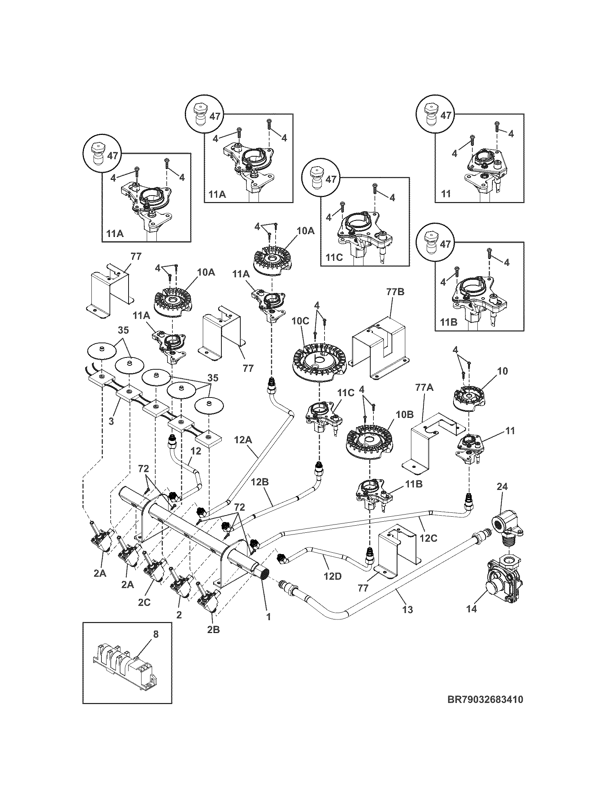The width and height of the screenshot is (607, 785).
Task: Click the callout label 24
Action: (x=502, y=487)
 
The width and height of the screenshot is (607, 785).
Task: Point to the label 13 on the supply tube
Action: (x=408, y=609)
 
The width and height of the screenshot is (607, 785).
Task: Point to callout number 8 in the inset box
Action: (x=155, y=634)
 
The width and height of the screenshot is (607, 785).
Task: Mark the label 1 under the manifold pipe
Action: (x=268, y=617)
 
